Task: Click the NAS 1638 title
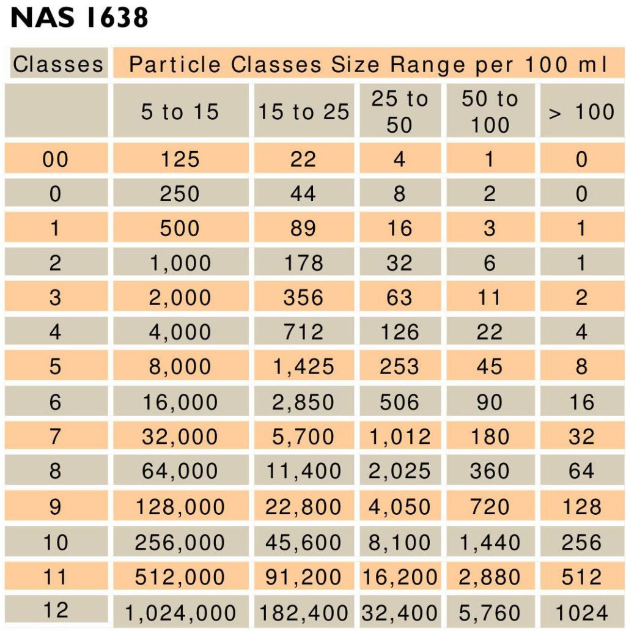pos(79,19)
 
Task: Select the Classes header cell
pos(58,64)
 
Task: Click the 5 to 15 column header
pos(180,112)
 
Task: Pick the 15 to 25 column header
pos(304,112)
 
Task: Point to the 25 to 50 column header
pos(400,112)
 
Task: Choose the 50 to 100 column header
pos(490,112)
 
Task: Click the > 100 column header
pos(581,112)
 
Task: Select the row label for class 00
pos(55,160)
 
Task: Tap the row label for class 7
pos(55,437)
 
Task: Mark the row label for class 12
pos(55,610)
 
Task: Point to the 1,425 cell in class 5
pos(304,366)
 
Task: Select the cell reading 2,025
pos(400,471)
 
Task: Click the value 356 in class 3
pos(304,298)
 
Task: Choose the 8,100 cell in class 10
pos(400,542)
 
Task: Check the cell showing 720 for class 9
pos(490,507)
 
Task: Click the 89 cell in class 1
pos(304,228)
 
